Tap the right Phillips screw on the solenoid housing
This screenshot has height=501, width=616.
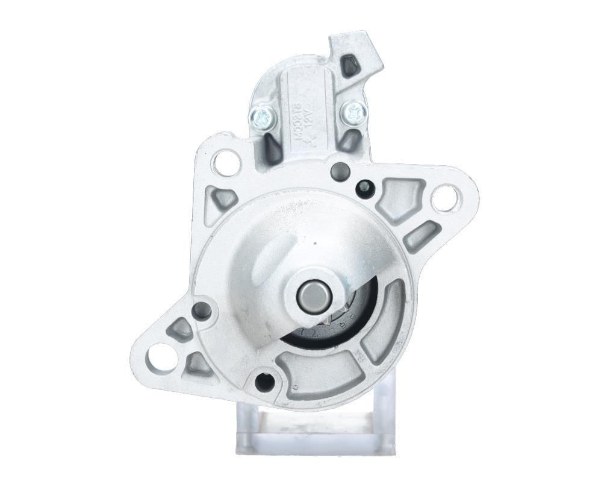point(353,111)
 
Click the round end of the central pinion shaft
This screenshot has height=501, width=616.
point(315,295)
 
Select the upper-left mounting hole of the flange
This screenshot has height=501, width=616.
point(226,162)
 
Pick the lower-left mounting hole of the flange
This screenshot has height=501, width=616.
point(161,357)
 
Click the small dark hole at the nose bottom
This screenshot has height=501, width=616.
point(263,380)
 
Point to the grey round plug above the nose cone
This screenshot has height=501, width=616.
point(340,171)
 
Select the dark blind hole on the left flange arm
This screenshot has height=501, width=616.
point(202,311)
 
